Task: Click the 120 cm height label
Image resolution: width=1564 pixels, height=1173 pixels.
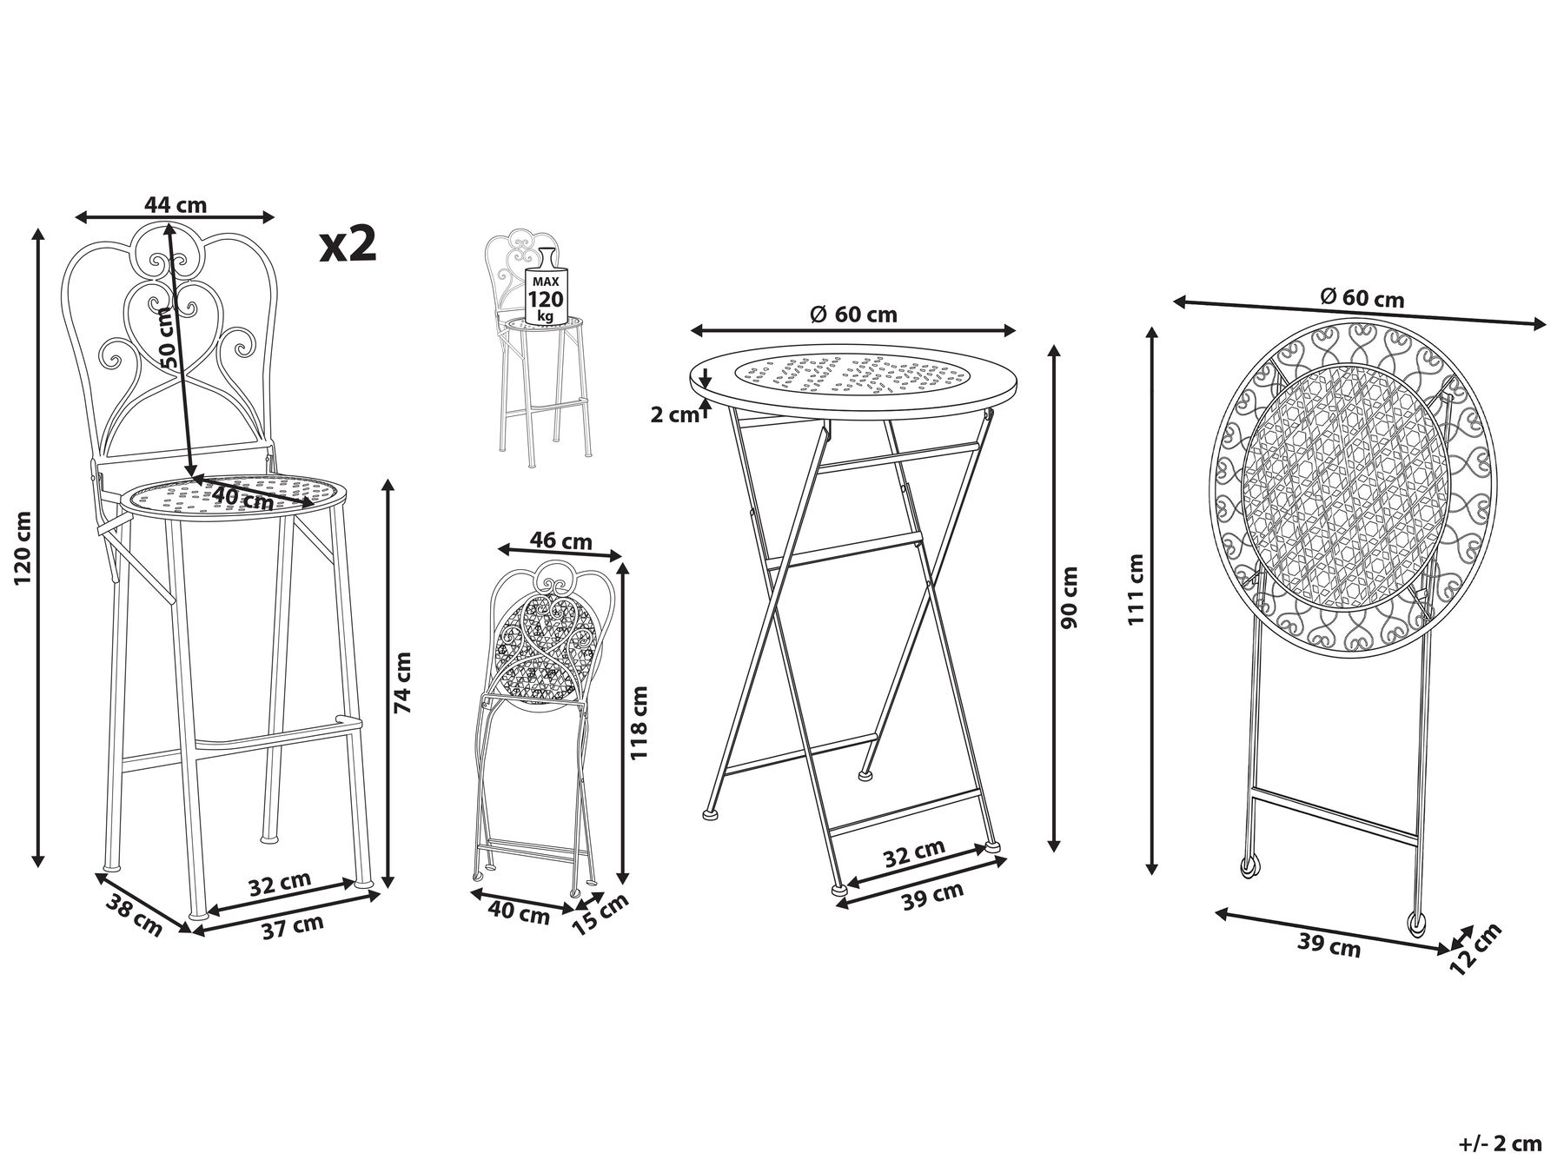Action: pos(23,547)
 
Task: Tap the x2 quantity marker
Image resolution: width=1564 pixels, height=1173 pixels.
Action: pos(348,244)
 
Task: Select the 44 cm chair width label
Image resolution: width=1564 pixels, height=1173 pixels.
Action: pos(176,205)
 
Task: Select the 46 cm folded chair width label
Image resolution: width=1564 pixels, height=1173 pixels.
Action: pos(561,540)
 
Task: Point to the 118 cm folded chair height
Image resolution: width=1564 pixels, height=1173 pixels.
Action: pos(640,723)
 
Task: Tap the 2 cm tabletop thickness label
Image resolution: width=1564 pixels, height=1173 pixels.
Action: pos(674,415)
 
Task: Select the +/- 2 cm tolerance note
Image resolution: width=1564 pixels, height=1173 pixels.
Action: pos(1507,1143)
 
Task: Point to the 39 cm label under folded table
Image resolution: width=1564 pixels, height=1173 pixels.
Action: pos(1329,944)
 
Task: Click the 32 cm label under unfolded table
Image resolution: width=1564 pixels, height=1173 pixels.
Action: pos(914,854)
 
